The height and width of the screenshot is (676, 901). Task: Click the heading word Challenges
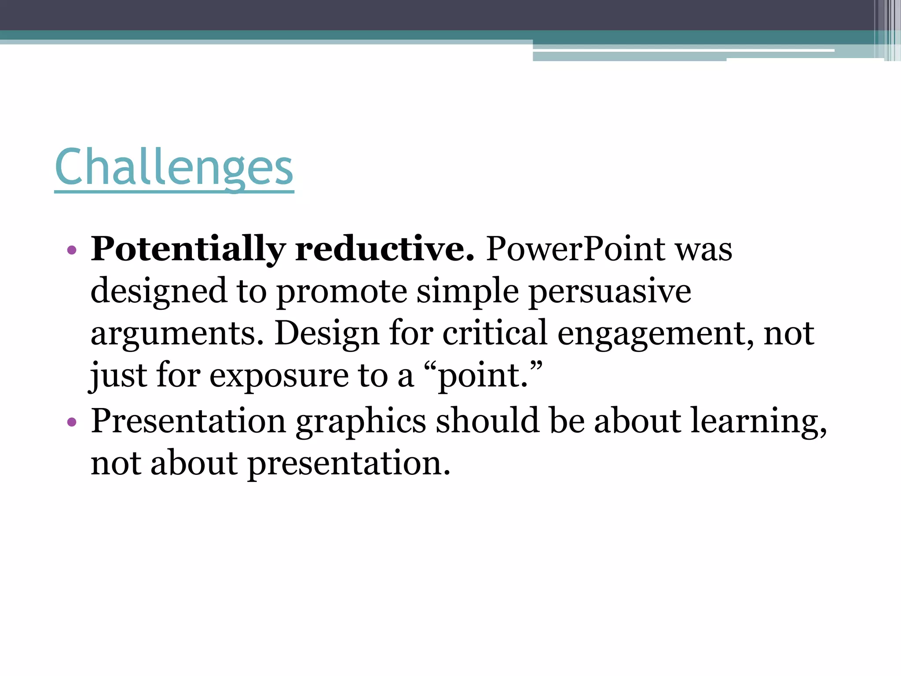click(x=174, y=167)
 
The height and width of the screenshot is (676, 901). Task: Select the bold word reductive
click(x=385, y=250)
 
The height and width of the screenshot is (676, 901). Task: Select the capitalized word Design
click(x=327, y=334)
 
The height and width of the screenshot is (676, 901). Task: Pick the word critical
click(x=494, y=334)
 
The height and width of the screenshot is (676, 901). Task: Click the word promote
click(x=342, y=292)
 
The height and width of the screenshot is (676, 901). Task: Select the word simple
click(x=468, y=292)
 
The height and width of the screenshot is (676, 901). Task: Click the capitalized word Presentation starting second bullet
click(x=188, y=421)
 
